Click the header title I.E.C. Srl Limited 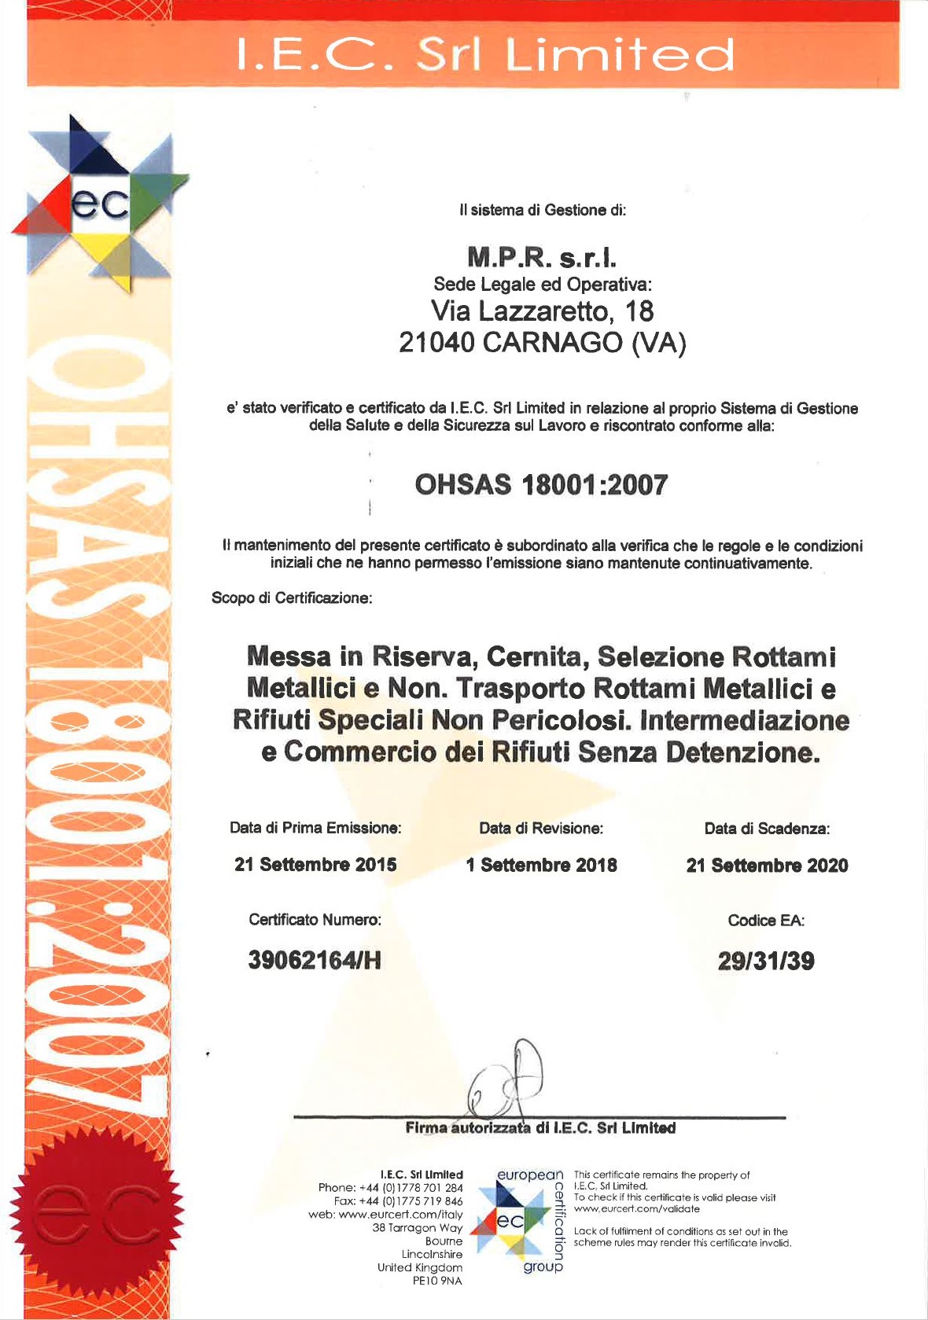coord(485,55)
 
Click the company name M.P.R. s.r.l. coord(542,257)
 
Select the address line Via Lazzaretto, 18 coord(542,311)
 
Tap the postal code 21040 coord(436,343)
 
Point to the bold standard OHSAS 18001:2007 coord(541,484)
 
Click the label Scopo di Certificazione coord(292,598)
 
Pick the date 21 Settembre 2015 coord(315,865)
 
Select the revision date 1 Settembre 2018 coord(541,866)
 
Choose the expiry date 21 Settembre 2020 coord(767,866)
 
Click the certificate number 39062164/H coord(315,960)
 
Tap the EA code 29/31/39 coord(766,961)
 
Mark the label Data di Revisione coord(541,829)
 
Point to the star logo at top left coord(100,204)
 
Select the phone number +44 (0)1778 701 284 coord(411,1188)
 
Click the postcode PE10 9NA coord(437,1281)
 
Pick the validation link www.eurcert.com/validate coord(636,1208)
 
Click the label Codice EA coord(766,921)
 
